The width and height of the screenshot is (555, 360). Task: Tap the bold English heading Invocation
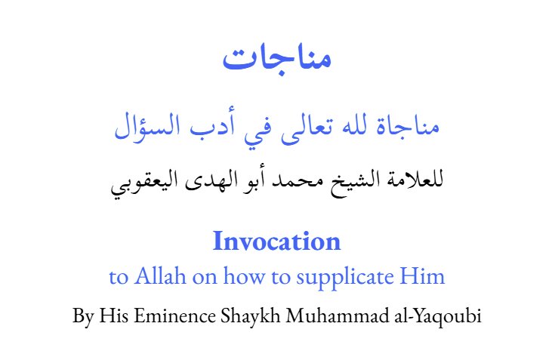[277, 242]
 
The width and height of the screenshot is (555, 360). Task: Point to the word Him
[426, 277]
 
